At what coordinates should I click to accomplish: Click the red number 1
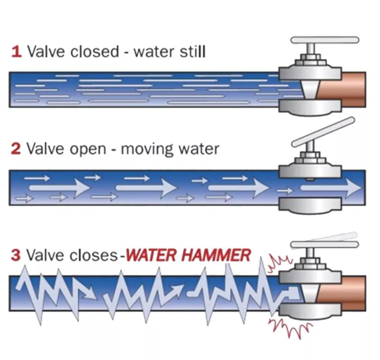tap(17, 51)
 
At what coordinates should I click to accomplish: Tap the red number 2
tap(16, 149)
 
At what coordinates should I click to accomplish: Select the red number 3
tap(16, 255)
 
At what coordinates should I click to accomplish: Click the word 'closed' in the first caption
tap(95, 51)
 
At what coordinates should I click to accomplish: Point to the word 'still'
tap(193, 51)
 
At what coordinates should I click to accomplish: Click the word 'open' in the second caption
tap(88, 150)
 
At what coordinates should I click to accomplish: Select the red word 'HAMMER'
tap(216, 255)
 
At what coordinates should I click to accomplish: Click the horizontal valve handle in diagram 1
tap(325, 40)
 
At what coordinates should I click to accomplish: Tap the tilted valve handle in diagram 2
tap(323, 132)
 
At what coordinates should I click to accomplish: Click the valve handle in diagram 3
tap(325, 245)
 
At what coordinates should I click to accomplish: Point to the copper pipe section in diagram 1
tap(341, 90)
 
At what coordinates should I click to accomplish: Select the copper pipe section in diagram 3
tap(341, 293)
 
